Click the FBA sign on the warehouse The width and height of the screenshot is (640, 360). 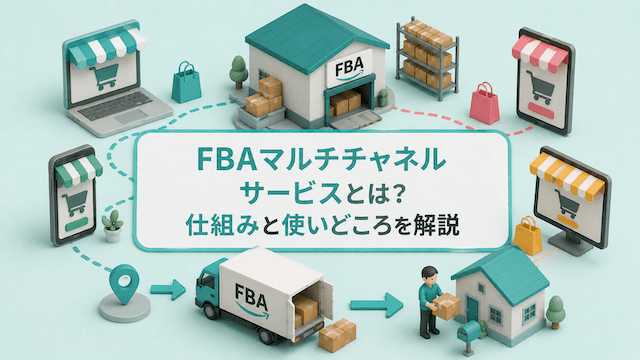(350, 67)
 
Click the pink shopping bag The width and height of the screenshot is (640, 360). (484, 103)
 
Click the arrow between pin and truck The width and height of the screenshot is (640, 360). (168, 289)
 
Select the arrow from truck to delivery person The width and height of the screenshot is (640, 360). (376, 305)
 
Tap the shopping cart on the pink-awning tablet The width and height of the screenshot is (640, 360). (541, 87)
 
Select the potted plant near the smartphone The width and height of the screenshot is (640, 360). (113, 227)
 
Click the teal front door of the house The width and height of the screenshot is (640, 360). (473, 309)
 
